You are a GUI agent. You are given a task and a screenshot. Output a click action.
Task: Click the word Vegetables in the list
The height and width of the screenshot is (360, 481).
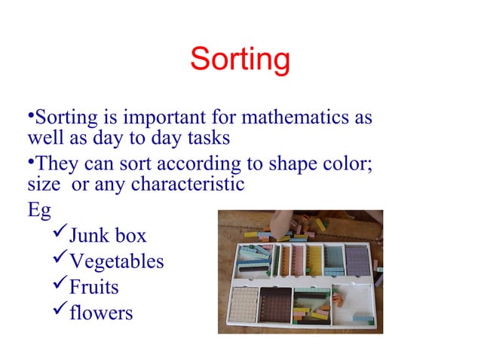(x=116, y=261)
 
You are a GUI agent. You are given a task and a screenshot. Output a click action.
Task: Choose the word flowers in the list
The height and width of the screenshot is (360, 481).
(x=101, y=312)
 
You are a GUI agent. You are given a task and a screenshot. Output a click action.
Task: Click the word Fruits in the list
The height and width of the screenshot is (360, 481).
(x=93, y=287)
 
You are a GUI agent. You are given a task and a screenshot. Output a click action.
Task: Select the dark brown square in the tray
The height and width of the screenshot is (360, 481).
(x=274, y=305)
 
